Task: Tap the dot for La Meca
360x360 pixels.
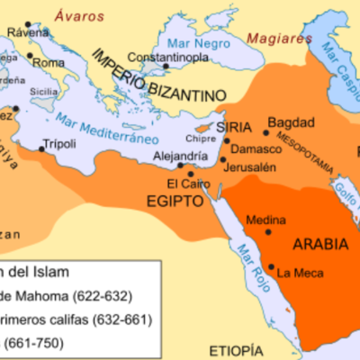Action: (272, 265)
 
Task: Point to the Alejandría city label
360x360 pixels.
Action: (148, 154)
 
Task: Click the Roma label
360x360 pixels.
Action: (52, 64)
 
